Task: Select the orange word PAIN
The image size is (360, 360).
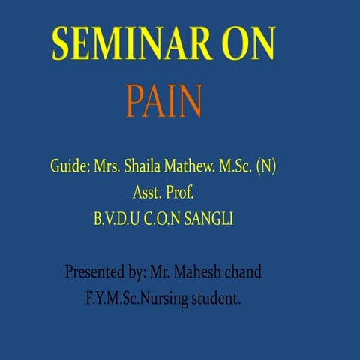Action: pyautogui.click(x=164, y=101)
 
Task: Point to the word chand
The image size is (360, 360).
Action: pyautogui.click(x=244, y=271)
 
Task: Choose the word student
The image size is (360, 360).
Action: pyautogui.click(x=219, y=298)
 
